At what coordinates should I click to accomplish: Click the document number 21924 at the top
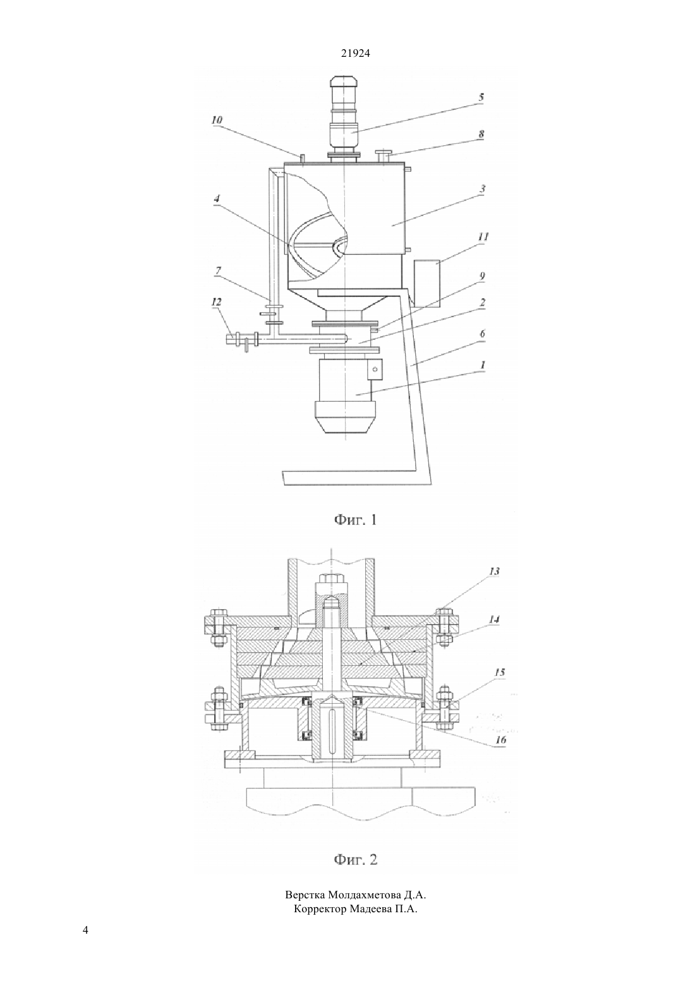click(x=355, y=53)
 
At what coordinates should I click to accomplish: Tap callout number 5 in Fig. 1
click(x=481, y=97)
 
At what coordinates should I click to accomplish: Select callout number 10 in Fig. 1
click(x=217, y=120)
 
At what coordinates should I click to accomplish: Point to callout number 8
click(x=481, y=135)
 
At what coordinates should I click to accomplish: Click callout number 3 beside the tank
click(x=482, y=189)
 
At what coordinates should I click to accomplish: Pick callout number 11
click(x=483, y=236)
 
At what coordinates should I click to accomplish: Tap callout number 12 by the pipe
click(x=217, y=303)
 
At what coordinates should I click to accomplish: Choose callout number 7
click(x=218, y=271)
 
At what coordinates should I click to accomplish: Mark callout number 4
click(x=216, y=199)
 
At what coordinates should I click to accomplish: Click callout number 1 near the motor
click(x=483, y=365)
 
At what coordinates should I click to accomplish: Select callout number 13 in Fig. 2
click(x=494, y=571)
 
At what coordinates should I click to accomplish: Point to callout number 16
click(x=500, y=740)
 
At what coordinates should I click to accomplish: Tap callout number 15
click(x=499, y=673)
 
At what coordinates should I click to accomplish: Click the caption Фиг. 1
click(x=355, y=521)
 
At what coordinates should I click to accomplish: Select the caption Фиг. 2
click(x=355, y=860)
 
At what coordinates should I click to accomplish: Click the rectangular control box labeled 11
click(x=426, y=283)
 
